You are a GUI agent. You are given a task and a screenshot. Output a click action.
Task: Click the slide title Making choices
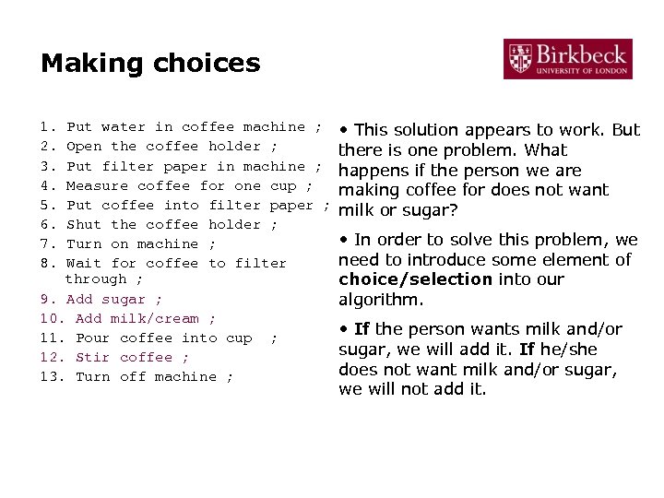150,64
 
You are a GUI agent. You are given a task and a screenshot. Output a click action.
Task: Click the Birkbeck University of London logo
568,59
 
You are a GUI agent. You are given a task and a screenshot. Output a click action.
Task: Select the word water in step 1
124,127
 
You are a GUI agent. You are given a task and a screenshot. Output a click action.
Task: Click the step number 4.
45,186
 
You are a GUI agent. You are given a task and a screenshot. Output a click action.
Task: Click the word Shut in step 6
84,225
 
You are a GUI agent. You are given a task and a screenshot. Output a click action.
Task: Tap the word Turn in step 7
84,244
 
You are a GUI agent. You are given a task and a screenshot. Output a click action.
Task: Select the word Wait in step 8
84,264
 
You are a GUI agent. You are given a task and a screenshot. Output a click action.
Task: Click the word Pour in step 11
92,338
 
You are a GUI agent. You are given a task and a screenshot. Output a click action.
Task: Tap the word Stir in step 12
92,358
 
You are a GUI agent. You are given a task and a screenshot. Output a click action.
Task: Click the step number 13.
50,377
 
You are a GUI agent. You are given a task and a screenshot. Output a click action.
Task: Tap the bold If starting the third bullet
361,329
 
